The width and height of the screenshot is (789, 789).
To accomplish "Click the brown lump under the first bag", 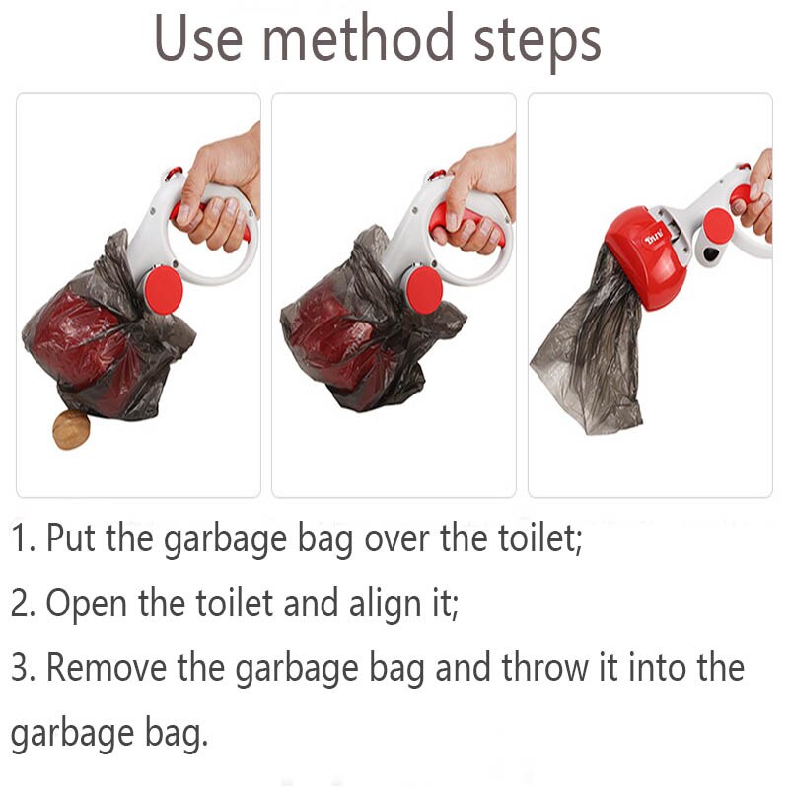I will pos(71,429).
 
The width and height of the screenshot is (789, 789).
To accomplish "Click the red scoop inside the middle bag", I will pos(335,340).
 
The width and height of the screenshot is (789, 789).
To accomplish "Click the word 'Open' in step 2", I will pos(86,602).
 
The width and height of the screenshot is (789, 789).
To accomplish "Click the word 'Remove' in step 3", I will pos(107,667).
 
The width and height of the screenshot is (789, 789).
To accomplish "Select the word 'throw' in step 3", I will pos(543,667).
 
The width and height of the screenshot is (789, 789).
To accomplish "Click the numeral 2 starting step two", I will pos(19,603).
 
